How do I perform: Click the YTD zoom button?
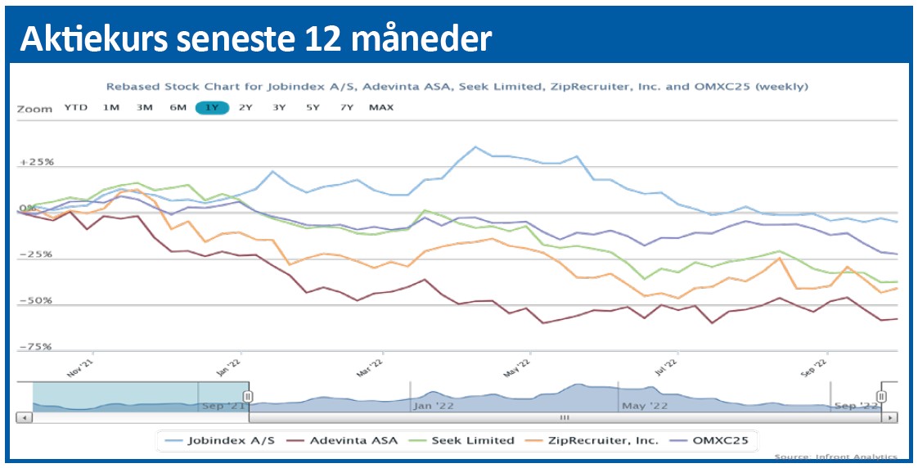pyautogui.click(x=76, y=107)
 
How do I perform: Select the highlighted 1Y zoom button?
pyautogui.click(x=212, y=107)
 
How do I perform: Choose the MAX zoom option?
pyautogui.click(x=380, y=107)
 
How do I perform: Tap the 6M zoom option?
pyautogui.click(x=178, y=107)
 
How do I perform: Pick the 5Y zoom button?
pyautogui.click(x=313, y=107)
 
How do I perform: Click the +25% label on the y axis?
pyautogui.click(x=37, y=162)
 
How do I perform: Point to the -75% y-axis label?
pyautogui.click(x=37, y=347)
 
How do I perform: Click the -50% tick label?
pyautogui.click(x=37, y=300)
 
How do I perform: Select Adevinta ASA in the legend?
pyautogui.click(x=343, y=440)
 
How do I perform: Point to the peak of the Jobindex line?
pyautogui.click(x=475, y=147)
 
